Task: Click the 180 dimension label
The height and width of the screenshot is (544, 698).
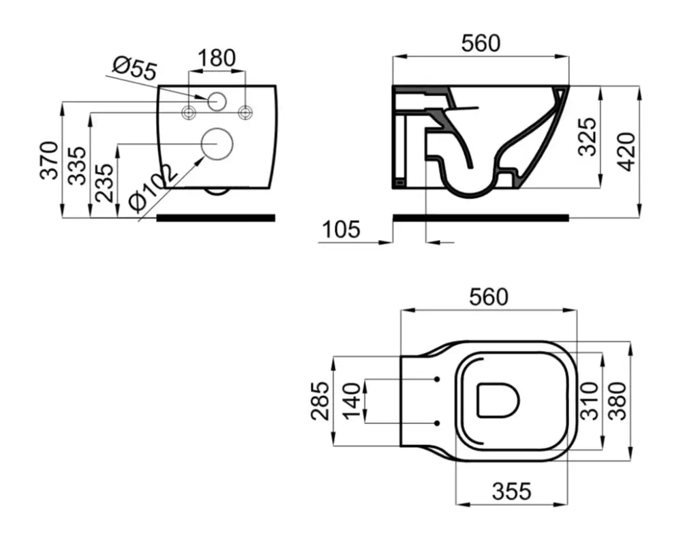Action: point(217,58)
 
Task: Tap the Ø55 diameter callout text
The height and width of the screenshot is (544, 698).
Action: point(135,69)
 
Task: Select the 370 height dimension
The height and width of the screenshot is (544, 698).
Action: point(49,160)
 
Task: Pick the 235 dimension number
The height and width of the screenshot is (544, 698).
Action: point(105,183)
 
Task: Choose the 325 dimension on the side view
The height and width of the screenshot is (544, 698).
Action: point(586,136)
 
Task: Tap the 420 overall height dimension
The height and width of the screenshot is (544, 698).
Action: point(627,151)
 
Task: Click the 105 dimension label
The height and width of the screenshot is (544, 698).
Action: point(341,230)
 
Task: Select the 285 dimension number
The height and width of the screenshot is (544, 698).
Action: point(320,401)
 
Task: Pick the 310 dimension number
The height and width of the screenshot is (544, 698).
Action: point(590,401)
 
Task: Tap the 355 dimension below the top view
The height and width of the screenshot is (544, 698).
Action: point(511,491)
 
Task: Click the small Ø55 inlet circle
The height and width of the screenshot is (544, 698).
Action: point(217,101)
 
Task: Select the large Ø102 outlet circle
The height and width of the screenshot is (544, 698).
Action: point(217,144)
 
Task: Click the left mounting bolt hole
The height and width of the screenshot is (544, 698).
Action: point(189,112)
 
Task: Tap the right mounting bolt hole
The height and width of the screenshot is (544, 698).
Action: point(245,112)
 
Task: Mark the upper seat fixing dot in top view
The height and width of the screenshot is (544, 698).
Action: point(437,379)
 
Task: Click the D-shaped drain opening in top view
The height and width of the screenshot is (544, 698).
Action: point(498,400)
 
